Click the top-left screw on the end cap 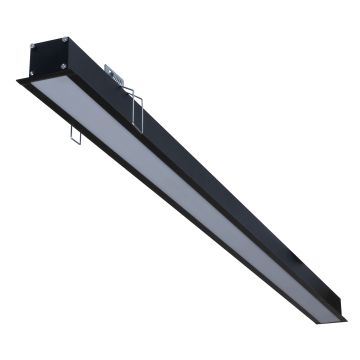[37, 46]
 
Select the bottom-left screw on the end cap [40, 73]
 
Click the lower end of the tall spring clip [140, 128]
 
